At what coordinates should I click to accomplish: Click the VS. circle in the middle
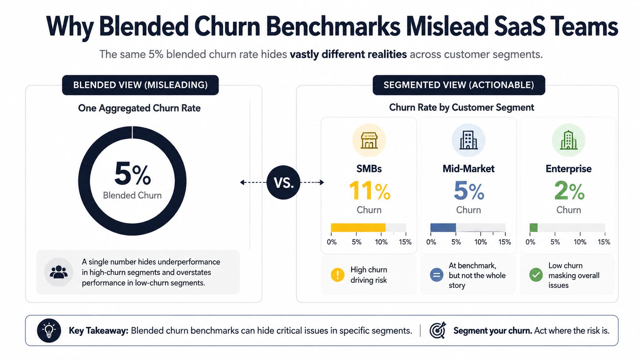coord(283,182)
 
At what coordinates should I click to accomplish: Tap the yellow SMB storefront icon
coord(369,140)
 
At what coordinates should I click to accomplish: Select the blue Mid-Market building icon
coord(468,140)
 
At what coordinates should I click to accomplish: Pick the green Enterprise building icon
coord(568,140)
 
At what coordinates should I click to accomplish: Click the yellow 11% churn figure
coord(369,191)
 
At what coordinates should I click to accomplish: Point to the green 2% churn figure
coord(569,191)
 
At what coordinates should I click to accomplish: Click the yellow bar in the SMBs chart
coord(358,228)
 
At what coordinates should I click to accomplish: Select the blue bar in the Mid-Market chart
coord(443,228)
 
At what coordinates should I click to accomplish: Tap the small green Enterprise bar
coord(534,228)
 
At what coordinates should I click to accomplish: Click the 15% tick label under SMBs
coord(405,242)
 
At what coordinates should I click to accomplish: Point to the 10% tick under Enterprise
coord(580,242)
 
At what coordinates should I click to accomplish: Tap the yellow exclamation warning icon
coord(338,275)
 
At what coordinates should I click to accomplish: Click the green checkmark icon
coord(536,275)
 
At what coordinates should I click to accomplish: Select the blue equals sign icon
coord(437,275)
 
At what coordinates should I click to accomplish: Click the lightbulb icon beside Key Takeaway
coord(49,330)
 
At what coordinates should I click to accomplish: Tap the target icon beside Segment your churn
coord(438,330)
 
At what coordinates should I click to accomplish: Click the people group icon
coord(59,272)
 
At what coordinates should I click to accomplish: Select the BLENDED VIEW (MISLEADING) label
coord(140,85)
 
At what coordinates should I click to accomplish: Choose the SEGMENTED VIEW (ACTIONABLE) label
coord(459,85)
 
